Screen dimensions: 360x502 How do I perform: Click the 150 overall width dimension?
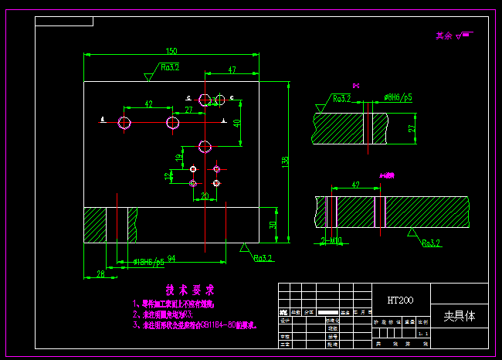tap(171, 51)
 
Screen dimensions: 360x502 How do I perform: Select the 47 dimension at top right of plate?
tap(232, 70)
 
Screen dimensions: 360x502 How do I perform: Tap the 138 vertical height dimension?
tap(285, 161)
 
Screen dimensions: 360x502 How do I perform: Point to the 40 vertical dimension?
tap(238, 122)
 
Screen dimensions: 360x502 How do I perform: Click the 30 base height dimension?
tap(272, 225)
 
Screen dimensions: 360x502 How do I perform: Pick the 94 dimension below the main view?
tap(171, 258)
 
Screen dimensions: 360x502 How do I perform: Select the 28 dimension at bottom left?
tap(100, 273)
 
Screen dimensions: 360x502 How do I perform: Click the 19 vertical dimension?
tap(179, 158)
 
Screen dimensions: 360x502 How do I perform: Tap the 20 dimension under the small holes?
tap(205, 196)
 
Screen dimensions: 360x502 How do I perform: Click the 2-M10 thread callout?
tap(331, 241)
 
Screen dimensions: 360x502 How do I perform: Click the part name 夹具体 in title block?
tap(460, 316)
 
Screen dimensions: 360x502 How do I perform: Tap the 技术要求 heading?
tap(188, 290)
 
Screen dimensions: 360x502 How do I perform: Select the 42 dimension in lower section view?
tap(355, 185)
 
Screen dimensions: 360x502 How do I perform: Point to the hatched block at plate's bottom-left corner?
tap(96, 225)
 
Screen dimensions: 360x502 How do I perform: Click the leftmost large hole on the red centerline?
tap(125, 122)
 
